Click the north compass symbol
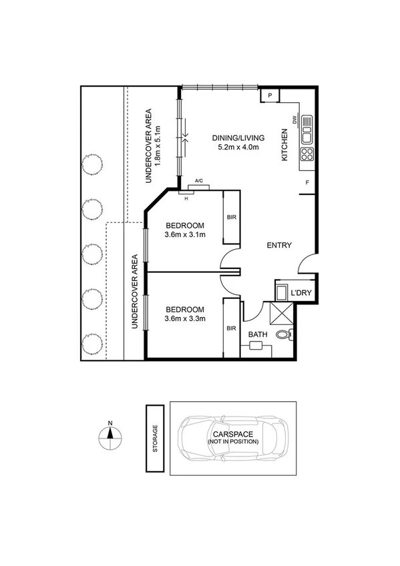(110, 437)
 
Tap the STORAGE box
(155, 438)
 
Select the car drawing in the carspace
(232, 438)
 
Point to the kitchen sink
(307, 129)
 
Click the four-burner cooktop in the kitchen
(307, 155)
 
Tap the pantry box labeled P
(270, 96)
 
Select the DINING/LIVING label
(239, 137)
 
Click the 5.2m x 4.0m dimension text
(239, 148)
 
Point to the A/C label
(198, 181)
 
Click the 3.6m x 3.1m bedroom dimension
(184, 234)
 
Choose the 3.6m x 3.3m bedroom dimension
(184, 318)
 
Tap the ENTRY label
(279, 246)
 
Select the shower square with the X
(280, 312)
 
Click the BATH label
(257, 334)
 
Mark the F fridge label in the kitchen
(307, 182)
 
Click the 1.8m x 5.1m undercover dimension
(158, 146)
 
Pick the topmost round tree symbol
(92, 164)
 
